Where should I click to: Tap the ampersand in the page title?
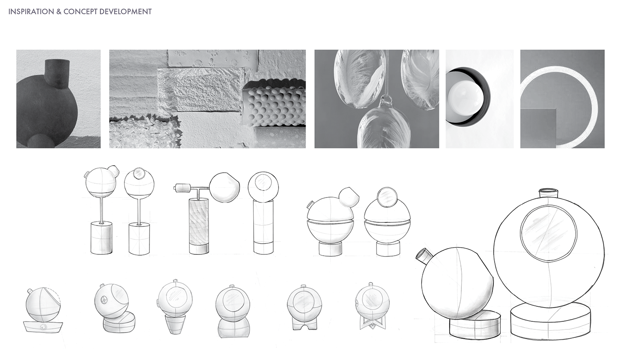59,12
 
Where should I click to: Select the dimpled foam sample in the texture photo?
275,106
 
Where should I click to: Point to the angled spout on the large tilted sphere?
424,257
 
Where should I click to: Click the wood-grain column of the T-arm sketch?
198,222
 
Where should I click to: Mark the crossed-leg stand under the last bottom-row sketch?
370,324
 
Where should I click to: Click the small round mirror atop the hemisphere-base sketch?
386,196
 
